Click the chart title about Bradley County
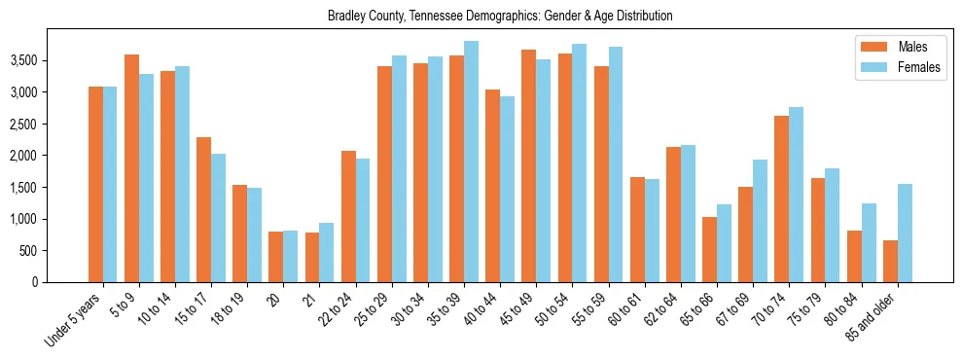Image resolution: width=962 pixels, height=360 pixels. coord(500,17)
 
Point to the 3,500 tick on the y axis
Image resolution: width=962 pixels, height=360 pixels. coord(52,60)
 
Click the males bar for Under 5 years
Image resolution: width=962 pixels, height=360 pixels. coord(95,185)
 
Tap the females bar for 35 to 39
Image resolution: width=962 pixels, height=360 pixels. coord(471,162)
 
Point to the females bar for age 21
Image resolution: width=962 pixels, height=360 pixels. coord(327,253)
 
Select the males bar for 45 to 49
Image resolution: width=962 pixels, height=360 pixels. coord(529,165)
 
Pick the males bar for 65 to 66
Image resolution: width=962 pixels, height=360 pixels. coord(710,249)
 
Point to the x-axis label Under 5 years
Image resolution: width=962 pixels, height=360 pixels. coord(75,318)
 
